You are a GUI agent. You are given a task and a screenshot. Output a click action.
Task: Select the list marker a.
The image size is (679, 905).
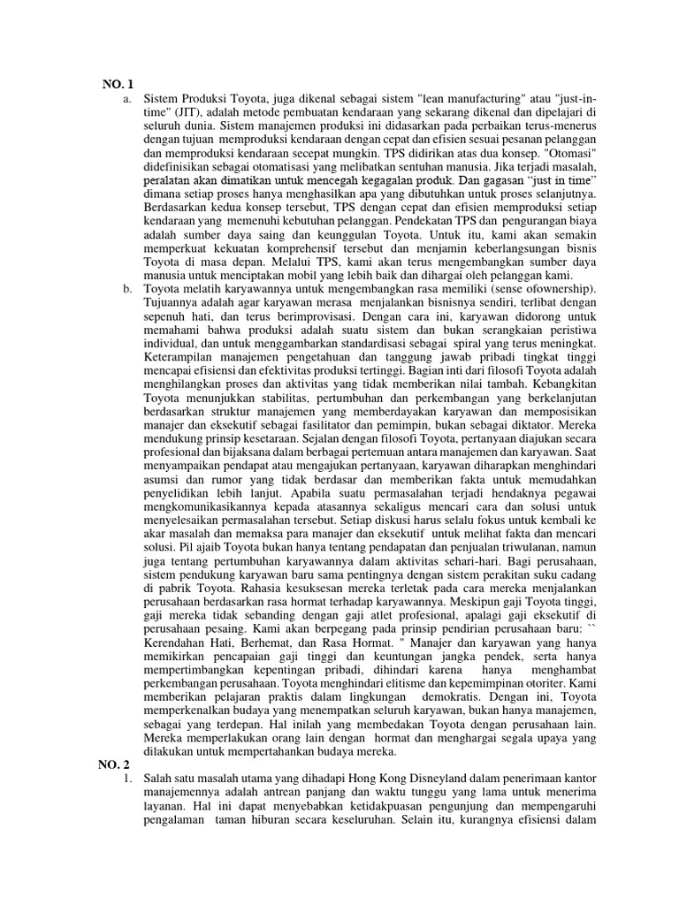click(x=129, y=98)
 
